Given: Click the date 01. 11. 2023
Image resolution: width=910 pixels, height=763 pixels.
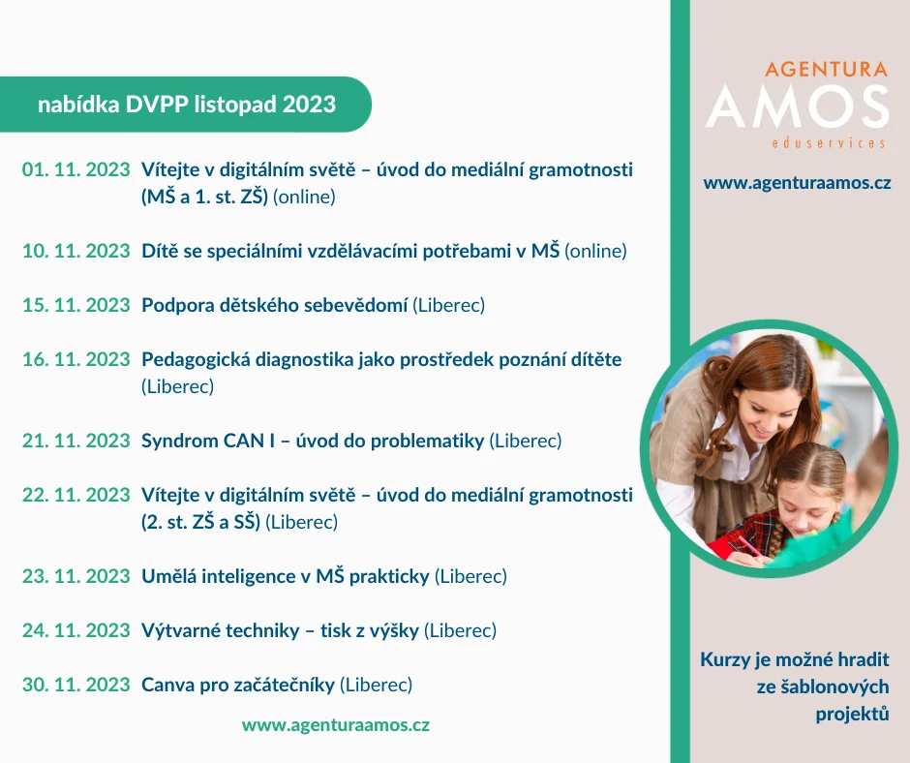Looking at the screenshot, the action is pyautogui.click(x=76, y=169).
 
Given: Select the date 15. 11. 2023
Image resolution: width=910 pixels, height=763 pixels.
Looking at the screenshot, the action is pyautogui.click(x=76, y=305).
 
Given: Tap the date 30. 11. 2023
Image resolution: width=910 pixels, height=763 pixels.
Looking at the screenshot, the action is pyautogui.click(x=76, y=686).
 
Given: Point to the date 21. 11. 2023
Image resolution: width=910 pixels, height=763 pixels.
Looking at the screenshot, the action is pyautogui.click(x=76, y=442).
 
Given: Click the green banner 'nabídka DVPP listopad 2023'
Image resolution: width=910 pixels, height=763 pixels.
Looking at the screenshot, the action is pyautogui.click(x=186, y=105).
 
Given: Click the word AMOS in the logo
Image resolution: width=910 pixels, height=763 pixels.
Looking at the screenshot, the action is pyautogui.click(x=798, y=107).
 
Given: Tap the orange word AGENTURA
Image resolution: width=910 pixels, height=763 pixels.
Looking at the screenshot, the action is pyautogui.click(x=827, y=69).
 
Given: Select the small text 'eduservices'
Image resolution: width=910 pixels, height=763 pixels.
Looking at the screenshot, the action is pyautogui.click(x=829, y=143).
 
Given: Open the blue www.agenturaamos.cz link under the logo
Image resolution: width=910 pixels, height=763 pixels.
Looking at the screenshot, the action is pyautogui.click(x=797, y=184).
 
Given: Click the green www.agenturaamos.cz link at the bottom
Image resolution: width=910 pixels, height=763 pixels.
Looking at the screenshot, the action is pyautogui.click(x=336, y=725).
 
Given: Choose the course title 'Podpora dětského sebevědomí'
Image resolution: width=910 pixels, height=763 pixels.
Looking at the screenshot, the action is pyautogui.click(x=275, y=305).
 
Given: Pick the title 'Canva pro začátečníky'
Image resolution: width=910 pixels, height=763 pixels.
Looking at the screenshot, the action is pyautogui.click(x=238, y=686).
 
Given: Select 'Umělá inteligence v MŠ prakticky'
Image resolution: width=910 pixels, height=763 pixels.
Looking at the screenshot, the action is pyautogui.click(x=286, y=576).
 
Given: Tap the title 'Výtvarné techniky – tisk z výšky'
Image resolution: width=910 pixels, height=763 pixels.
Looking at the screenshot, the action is pyautogui.click(x=281, y=630).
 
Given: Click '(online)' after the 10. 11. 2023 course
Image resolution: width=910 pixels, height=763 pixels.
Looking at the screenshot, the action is pyautogui.click(x=595, y=252).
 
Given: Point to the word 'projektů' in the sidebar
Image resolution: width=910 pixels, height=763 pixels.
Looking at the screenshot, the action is pyautogui.click(x=852, y=714).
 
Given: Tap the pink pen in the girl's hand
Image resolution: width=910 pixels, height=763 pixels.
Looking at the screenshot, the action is pyautogui.click(x=744, y=549).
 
